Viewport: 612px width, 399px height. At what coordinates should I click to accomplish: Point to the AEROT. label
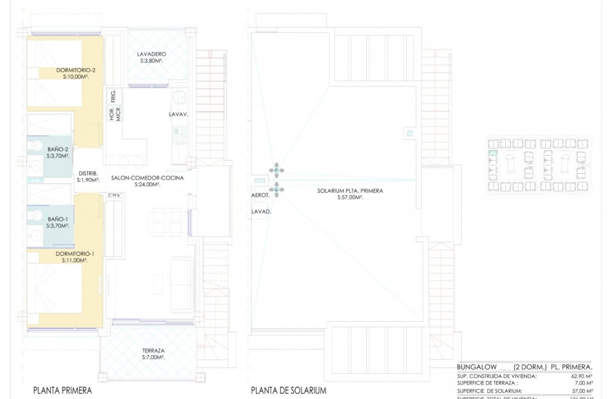pos(260,195)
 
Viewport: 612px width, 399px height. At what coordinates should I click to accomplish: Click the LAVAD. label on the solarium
pos(261,212)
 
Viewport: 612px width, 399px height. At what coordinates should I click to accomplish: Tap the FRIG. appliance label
pos(113,96)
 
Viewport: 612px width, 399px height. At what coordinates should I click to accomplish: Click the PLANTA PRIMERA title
pos(62,390)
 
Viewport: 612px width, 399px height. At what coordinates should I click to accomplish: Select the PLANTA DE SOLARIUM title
pos(288,390)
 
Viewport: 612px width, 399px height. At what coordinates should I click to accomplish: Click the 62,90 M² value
pos(583,376)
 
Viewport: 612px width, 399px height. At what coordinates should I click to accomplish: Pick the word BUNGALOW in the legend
pos(477,367)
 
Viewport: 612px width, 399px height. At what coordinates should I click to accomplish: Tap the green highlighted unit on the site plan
pos(492,153)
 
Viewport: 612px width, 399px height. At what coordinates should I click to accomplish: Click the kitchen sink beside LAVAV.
pos(180,97)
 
